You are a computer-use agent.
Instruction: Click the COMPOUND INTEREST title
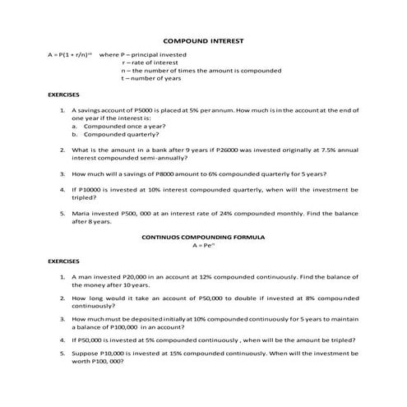203,39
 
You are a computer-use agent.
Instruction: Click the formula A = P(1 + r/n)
70,54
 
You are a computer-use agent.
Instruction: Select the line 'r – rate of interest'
151,62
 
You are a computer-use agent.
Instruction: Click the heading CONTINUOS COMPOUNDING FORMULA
202,237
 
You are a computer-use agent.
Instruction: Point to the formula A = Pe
202,245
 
